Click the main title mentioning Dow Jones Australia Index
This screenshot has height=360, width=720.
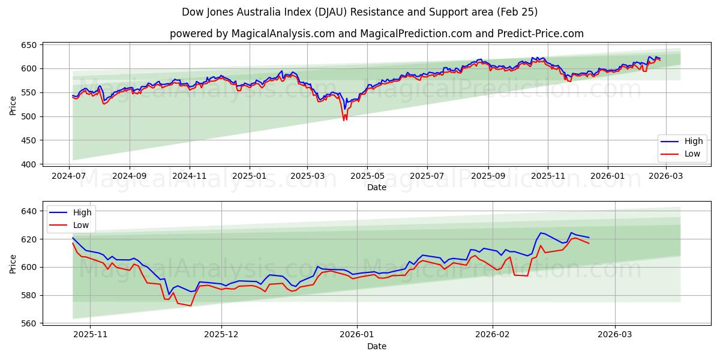pos(360,12)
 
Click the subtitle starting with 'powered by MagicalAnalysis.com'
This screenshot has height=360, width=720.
pos(376,34)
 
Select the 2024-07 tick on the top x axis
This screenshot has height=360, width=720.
pos(70,176)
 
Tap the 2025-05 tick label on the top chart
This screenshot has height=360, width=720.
pos(367,176)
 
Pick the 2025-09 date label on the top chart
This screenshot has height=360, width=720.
pos(488,176)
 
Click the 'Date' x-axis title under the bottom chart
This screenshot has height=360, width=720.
pos(376,346)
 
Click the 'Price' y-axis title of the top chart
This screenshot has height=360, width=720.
pos(13,104)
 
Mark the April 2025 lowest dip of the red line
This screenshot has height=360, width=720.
pos(344,121)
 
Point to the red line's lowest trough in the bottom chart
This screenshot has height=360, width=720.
pos(191,306)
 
